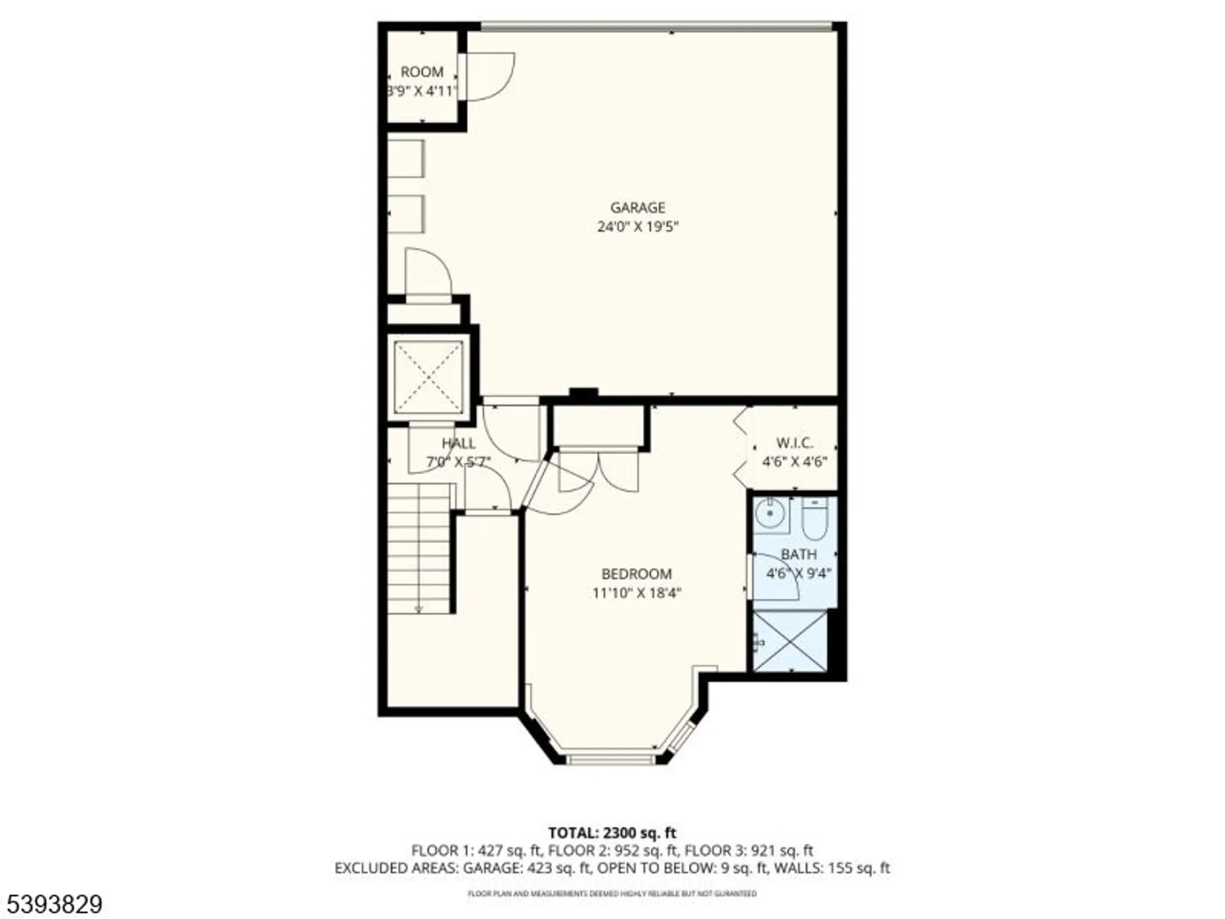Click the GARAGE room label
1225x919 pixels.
[x=637, y=208]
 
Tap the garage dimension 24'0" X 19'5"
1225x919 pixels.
[x=637, y=227]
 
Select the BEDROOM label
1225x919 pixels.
[x=636, y=574]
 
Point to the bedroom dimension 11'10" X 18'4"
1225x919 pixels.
[x=636, y=593]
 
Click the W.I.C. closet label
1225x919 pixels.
[x=794, y=442]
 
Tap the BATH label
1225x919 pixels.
[x=798, y=554]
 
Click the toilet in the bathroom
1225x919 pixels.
[x=815, y=518]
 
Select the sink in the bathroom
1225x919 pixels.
[x=769, y=513]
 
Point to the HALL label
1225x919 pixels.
[x=458, y=443]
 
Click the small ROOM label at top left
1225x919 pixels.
[x=421, y=72]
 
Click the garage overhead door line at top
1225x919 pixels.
[x=655, y=26]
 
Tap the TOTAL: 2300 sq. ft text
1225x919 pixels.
[x=612, y=833]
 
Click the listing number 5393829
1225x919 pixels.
[x=51, y=904]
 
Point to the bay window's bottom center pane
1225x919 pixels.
[x=611, y=760]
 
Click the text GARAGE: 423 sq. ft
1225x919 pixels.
[x=527, y=868]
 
